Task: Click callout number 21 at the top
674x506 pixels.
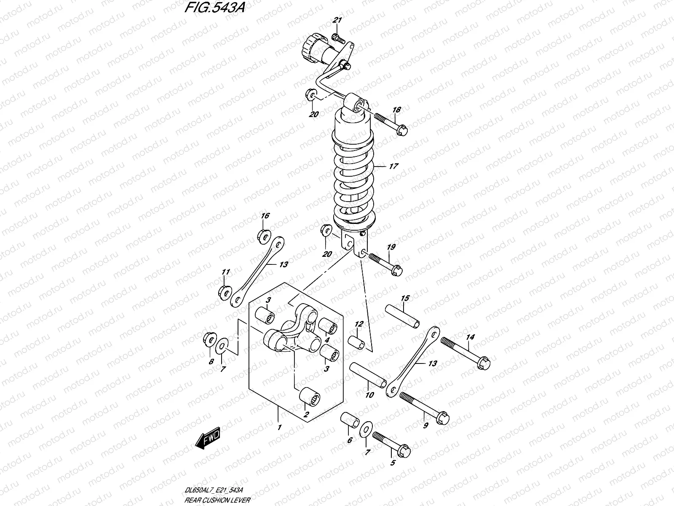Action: point(337,21)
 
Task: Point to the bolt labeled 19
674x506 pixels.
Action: point(384,264)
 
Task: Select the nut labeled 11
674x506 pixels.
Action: point(225,291)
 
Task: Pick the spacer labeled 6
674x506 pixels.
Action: point(350,421)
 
